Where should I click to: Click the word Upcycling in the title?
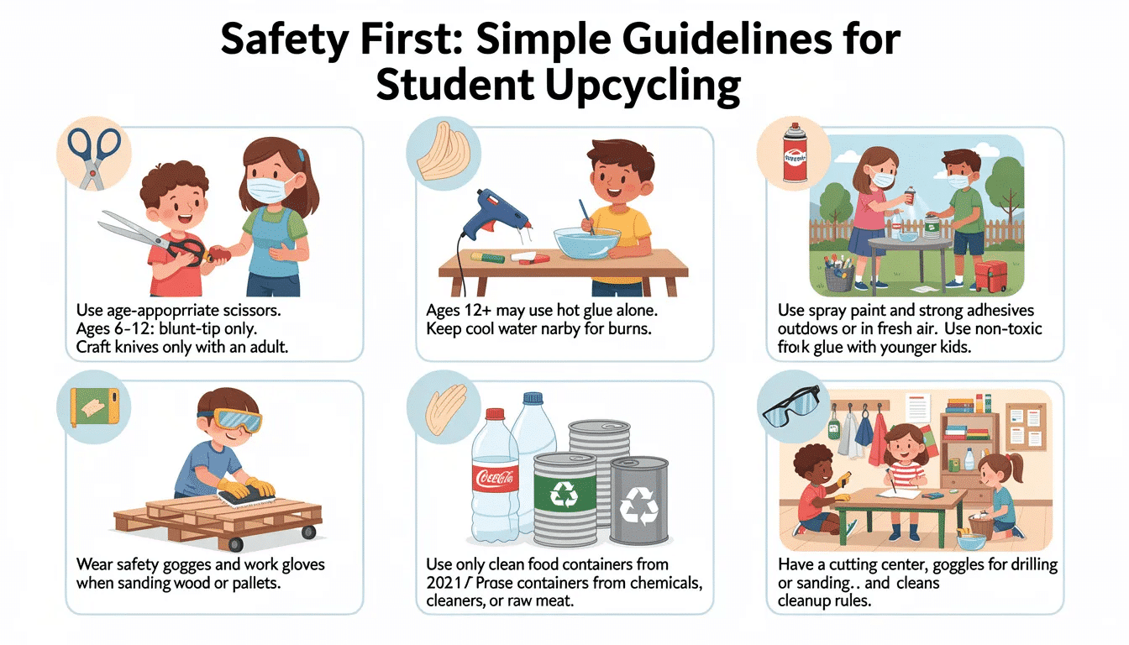pos(643,86)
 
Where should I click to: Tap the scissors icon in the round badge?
pos(94,157)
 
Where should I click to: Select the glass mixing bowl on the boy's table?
pos(586,243)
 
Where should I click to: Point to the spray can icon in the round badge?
pos(795,154)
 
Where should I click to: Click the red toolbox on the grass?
pos(990,275)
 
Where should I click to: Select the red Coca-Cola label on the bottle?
pos(495,478)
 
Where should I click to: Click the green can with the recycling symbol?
pos(565,499)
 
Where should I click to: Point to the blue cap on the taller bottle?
pos(533,399)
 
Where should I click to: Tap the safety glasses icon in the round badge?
pos(791,407)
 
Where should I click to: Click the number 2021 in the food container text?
pos(444,583)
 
